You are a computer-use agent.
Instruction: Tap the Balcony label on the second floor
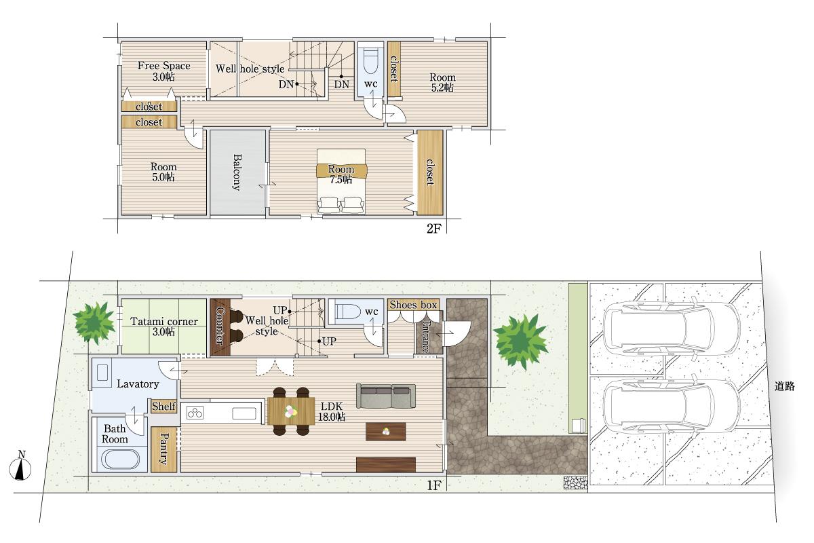[x=237, y=172]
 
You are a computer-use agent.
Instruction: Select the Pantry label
[x=164, y=449]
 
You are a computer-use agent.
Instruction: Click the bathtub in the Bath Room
[x=120, y=460]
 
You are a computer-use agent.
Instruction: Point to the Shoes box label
[x=413, y=305]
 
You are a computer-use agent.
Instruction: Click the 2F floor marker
[x=434, y=229]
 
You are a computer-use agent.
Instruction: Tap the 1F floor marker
[x=434, y=485]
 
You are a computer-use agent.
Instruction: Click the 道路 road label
[x=785, y=386]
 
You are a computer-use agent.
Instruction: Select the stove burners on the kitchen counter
[x=195, y=413]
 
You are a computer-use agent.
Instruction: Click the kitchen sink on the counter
[x=244, y=413]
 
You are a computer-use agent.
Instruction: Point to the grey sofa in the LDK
[x=385, y=396]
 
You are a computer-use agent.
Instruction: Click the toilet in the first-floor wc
[x=348, y=312]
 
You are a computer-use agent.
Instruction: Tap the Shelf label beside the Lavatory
[x=163, y=407]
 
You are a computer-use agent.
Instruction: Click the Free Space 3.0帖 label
[x=164, y=71]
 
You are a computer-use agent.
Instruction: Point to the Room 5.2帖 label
[x=442, y=83]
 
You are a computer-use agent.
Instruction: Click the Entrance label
[x=425, y=337]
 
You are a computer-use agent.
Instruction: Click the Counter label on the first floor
[x=220, y=326]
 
